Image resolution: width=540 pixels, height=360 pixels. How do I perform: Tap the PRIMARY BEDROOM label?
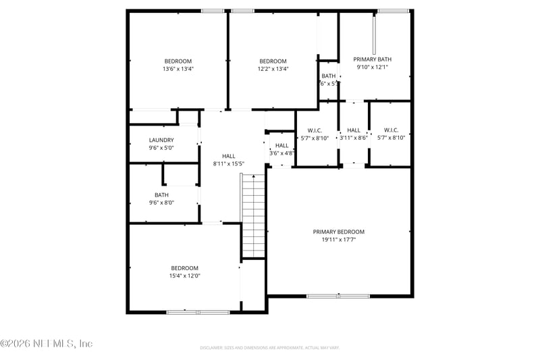pos(338,232)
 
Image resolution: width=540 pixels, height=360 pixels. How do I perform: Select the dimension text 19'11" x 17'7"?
pos(338,239)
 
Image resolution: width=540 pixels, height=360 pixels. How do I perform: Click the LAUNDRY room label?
pos(161,140)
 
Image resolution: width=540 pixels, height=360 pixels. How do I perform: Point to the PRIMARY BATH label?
pos(372,59)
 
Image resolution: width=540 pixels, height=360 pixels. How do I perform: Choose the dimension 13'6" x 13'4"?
pos(178,68)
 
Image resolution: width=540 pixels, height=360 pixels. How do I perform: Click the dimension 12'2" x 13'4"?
pos(273,68)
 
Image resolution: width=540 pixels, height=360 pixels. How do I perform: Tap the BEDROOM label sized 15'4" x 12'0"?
pos(184,267)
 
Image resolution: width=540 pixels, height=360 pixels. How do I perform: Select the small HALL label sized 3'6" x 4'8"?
pos(281,145)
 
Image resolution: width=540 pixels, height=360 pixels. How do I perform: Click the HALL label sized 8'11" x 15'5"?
pos(229,156)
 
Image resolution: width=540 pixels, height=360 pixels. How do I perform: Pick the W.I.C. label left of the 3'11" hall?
pos(314,130)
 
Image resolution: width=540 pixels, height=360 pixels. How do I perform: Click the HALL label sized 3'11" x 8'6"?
pos(354,130)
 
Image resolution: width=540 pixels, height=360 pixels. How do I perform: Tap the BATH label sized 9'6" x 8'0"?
pos(161,195)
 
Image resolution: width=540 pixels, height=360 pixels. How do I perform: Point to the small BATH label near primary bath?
pos(329,76)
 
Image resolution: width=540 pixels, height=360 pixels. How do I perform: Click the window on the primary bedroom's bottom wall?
pos(338,296)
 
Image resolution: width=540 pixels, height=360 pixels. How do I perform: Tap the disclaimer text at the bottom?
pos(269,348)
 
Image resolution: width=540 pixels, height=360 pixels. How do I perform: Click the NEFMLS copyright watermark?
pos(46,344)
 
